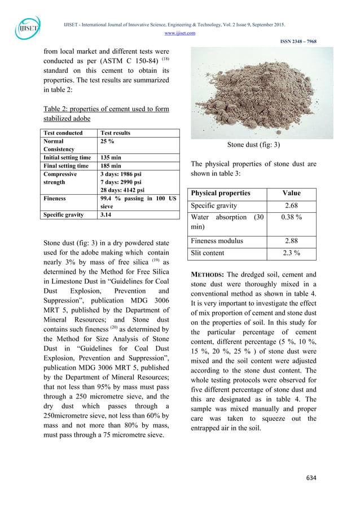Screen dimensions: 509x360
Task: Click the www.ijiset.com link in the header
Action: tap(180, 33)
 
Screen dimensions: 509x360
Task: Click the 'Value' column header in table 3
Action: tap(291, 193)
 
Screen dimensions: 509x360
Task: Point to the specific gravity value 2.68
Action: tap(291, 206)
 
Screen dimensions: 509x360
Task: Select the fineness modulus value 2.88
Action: tap(291, 241)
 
